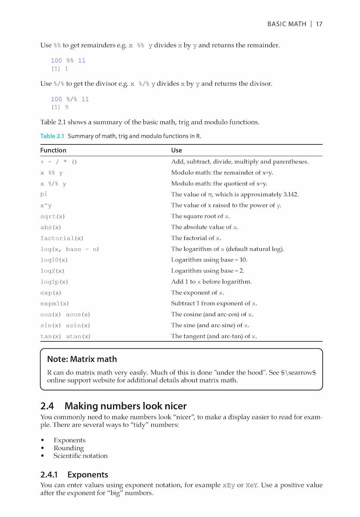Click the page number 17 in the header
pyautogui.click(x=319, y=24)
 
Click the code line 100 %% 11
pyautogui.click(x=68, y=61)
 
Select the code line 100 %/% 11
pyautogui.click(x=70, y=99)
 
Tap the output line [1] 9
pyautogui.click(x=59, y=107)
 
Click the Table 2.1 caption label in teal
pyautogui.click(x=52, y=136)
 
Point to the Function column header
pyautogui.click(x=53, y=150)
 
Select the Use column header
pyautogui.click(x=177, y=150)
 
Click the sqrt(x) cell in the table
pyautogui.click(x=53, y=216)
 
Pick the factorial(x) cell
pyautogui.click(x=62, y=238)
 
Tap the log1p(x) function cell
pyautogui.click(x=54, y=282)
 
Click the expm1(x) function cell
pyautogui.click(x=54, y=304)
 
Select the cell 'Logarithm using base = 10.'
pyautogui.click(x=209, y=260)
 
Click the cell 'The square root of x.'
pyautogui.click(x=200, y=216)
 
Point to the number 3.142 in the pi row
pyautogui.click(x=290, y=194)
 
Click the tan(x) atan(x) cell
pyautogui.click(x=65, y=336)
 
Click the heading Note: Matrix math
pyautogui.click(x=82, y=359)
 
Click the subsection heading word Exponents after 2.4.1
pyautogui.click(x=87, y=475)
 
